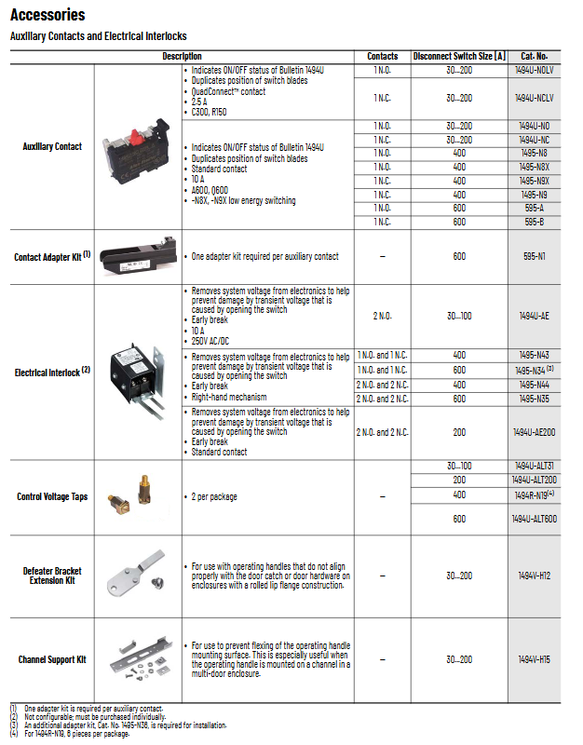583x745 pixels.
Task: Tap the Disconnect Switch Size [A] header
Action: pyautogui.click(x=459, y=56)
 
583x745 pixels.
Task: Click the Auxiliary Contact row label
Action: pyautogui.click(x=52, y=146)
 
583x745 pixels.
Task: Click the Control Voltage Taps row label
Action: pyautogui.click(x=52, y=496)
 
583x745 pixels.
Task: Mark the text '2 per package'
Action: pyautogui.click(x=214, y=496)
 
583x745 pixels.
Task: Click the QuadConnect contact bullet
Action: pyautogui.click(x=228, y=91)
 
